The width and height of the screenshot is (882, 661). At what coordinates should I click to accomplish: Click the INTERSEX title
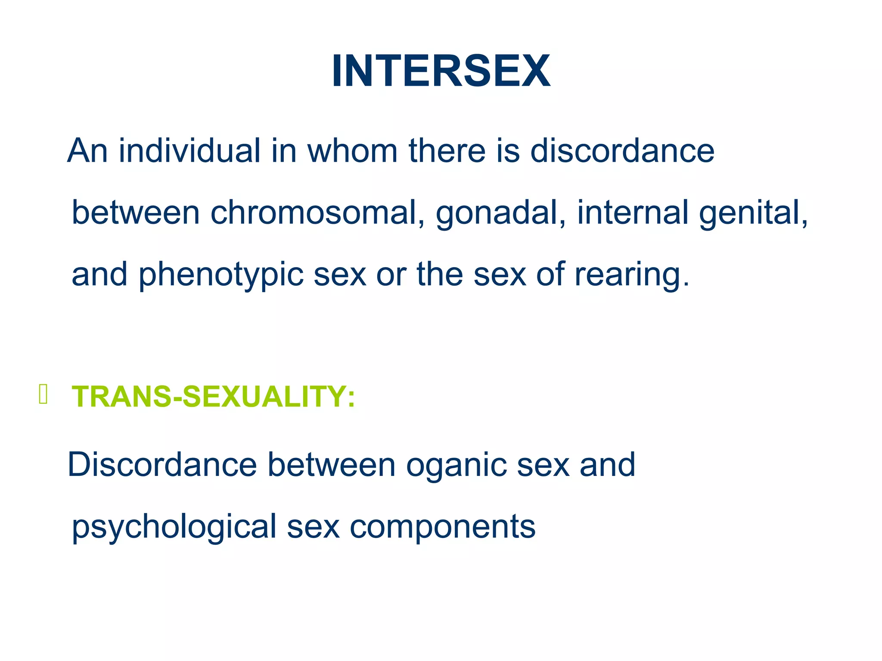[441, 71]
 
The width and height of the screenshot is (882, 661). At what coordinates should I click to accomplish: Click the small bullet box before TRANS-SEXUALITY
[43, 394]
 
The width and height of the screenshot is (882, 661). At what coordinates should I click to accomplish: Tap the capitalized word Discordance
[162, 465]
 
